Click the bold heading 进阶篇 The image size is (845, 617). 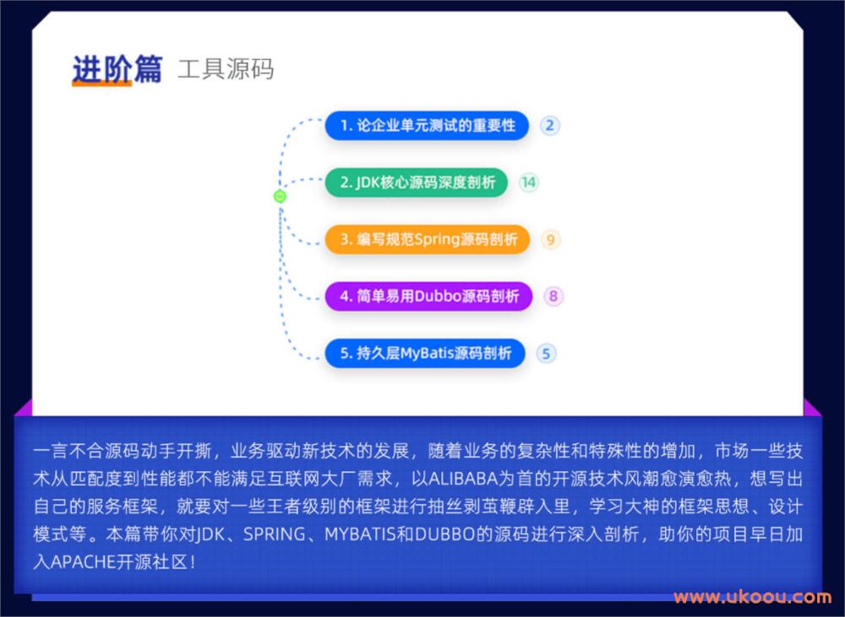(x=117, y=69)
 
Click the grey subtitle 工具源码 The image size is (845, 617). (x=226, y=69)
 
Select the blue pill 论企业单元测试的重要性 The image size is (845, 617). (x=427, y=126)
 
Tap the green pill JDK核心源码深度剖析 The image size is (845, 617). (x=417, y=182)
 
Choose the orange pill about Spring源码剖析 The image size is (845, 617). (x=428, y=239)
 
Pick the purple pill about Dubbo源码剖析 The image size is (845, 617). (x=428, y=296)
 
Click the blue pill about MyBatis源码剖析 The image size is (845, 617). (x=425, y=353)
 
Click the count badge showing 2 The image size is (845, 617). (x=550, y=126)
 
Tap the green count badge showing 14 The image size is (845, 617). (x=529, y=182)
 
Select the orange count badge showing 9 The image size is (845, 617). (x=550, y=240)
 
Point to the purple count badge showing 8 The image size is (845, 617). (x=553, y=296)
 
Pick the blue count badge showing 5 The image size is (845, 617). (x=546, y=354)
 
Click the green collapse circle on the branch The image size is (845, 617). (x=280, y=197)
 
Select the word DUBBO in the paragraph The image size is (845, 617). (x=444, y=534)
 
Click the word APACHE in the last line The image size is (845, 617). (x=83, y=562)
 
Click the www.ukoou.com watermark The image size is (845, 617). (x=752, y=597)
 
